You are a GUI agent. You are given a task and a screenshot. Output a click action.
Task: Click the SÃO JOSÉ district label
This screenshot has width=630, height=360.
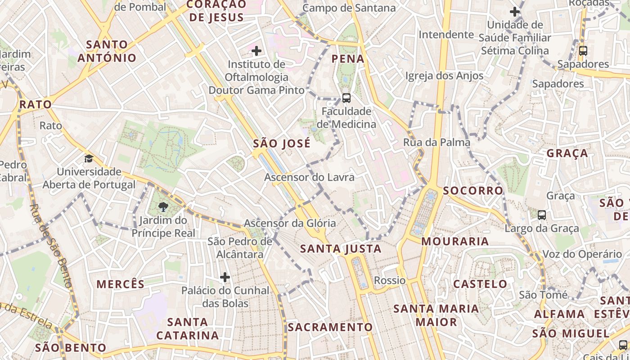pos(282,144)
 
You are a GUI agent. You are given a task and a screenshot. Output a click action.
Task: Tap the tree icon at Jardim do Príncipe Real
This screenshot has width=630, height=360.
pos(163,207)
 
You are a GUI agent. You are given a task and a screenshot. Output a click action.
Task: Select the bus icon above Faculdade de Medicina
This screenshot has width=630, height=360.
pos(346,98)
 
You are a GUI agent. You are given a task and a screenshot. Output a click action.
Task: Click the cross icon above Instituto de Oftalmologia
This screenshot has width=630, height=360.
pos(256,51)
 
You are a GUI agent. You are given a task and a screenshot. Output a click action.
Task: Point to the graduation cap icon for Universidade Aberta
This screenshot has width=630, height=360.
pos(89,158)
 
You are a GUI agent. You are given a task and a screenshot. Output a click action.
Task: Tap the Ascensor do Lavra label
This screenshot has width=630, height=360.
pos(309,177)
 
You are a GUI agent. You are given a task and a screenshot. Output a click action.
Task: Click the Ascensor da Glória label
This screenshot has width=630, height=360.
pos(290,223)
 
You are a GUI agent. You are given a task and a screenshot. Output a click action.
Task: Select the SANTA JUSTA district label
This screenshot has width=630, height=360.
pos(341,249)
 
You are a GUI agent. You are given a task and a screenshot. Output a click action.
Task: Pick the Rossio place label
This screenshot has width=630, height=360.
pos(390,281)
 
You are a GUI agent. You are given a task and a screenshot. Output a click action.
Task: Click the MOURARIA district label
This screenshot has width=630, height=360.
pos(455,242)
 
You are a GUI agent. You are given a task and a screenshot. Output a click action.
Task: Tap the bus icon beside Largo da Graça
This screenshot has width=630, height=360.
pos(542,215)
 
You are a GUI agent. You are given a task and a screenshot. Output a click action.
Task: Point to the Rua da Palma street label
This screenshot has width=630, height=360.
pos(430,143)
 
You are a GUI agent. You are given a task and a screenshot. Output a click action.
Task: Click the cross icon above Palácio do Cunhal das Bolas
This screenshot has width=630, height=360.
pos(225,277)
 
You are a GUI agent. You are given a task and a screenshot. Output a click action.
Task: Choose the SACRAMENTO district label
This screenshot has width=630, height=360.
pos(330,327)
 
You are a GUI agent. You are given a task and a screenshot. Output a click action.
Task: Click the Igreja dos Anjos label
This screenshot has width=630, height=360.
pos(444,76)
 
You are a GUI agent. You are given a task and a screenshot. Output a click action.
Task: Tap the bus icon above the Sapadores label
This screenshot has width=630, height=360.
pos(583,51)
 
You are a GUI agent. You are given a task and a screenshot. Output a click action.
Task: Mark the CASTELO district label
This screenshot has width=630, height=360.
pos(480,284)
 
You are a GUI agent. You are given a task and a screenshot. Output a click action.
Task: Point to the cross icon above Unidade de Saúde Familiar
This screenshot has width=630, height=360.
pos(515,12)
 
